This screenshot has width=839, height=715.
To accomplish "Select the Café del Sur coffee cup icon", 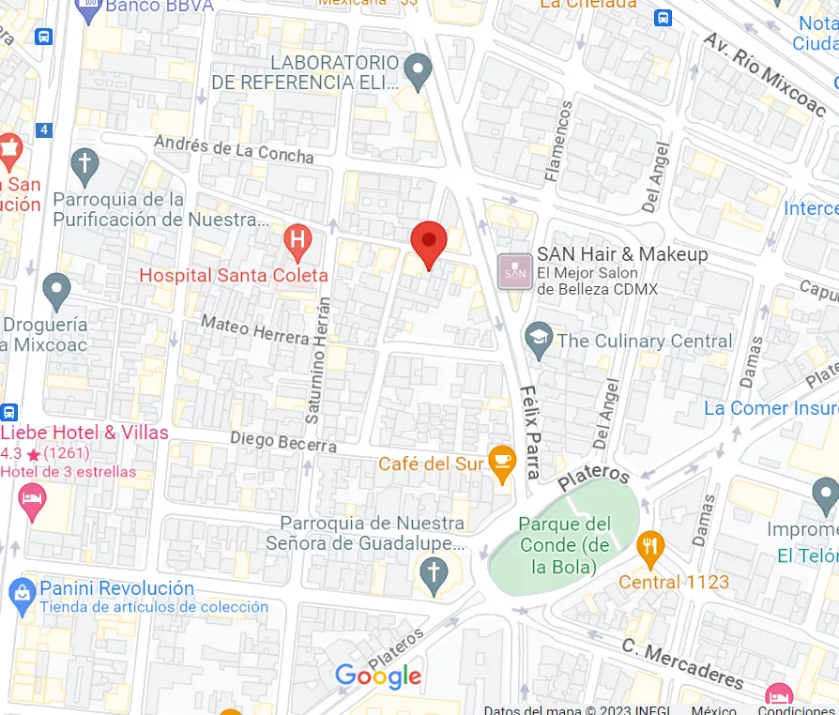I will [503, 464].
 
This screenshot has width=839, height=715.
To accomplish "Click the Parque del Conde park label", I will [564, 545].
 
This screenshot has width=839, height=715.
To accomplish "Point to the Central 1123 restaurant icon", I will [649, 548].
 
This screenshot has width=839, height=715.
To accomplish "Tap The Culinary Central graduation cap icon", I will [539, 341].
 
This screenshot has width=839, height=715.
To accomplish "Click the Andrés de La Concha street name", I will [234, 149].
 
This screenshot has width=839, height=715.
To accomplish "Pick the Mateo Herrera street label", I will [255, 329].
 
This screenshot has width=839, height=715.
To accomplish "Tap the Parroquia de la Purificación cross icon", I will [84, 165].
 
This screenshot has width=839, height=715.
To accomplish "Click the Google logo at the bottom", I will [378, 676].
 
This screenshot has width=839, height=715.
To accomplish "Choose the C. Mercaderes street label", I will [682, 662].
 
